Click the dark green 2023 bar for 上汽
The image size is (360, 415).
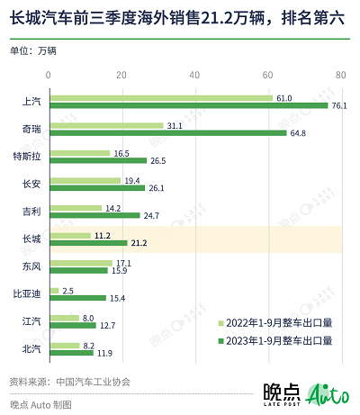click(189, 105)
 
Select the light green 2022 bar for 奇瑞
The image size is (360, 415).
click(106, 126)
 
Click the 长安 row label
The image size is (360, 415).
click(31, 185)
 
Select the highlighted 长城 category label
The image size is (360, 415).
click(31, 239)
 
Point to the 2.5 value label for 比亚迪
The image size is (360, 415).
click(68, 290)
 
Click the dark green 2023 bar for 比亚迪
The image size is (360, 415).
click(77, 298)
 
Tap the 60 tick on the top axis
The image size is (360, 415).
click(268, 77)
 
